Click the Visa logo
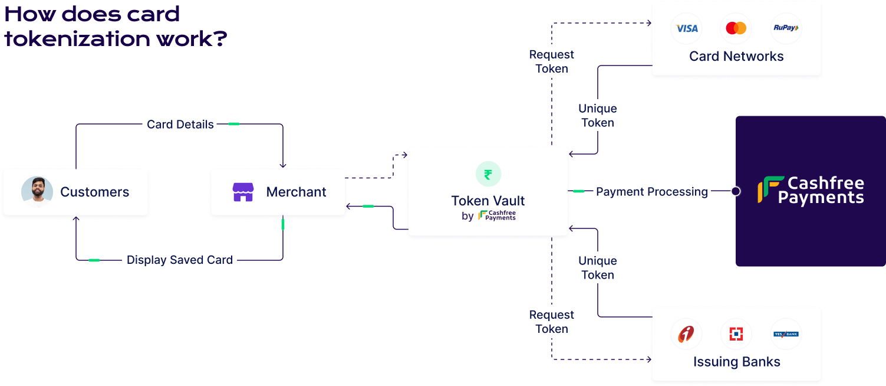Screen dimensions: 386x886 coord(687,28)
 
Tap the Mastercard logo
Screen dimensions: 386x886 coord(736,28)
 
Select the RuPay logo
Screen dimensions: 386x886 coord(786,28)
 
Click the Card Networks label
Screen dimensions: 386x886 coord(736,57)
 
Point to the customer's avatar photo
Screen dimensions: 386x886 coord(37,192)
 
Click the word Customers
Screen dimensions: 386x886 coord(94,192)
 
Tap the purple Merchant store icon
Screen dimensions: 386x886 coord(243,192)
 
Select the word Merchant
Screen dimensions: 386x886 coord(296,192)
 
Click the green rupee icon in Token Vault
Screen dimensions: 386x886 coord(488,174)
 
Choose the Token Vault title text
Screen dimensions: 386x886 coord(488,201)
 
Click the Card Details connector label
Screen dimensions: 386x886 coord(180,125)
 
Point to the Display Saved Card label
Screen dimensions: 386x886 coord(179,260)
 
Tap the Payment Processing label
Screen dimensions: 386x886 coord(651,192)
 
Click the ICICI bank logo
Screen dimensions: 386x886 coord(686,334)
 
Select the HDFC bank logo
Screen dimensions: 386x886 coord(736,334)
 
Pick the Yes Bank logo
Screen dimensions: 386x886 coord(786,334)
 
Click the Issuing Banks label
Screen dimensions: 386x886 coord(736,362)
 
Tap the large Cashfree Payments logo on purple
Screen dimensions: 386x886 coord(811,191)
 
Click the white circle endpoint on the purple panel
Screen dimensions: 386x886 coord(735,191)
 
